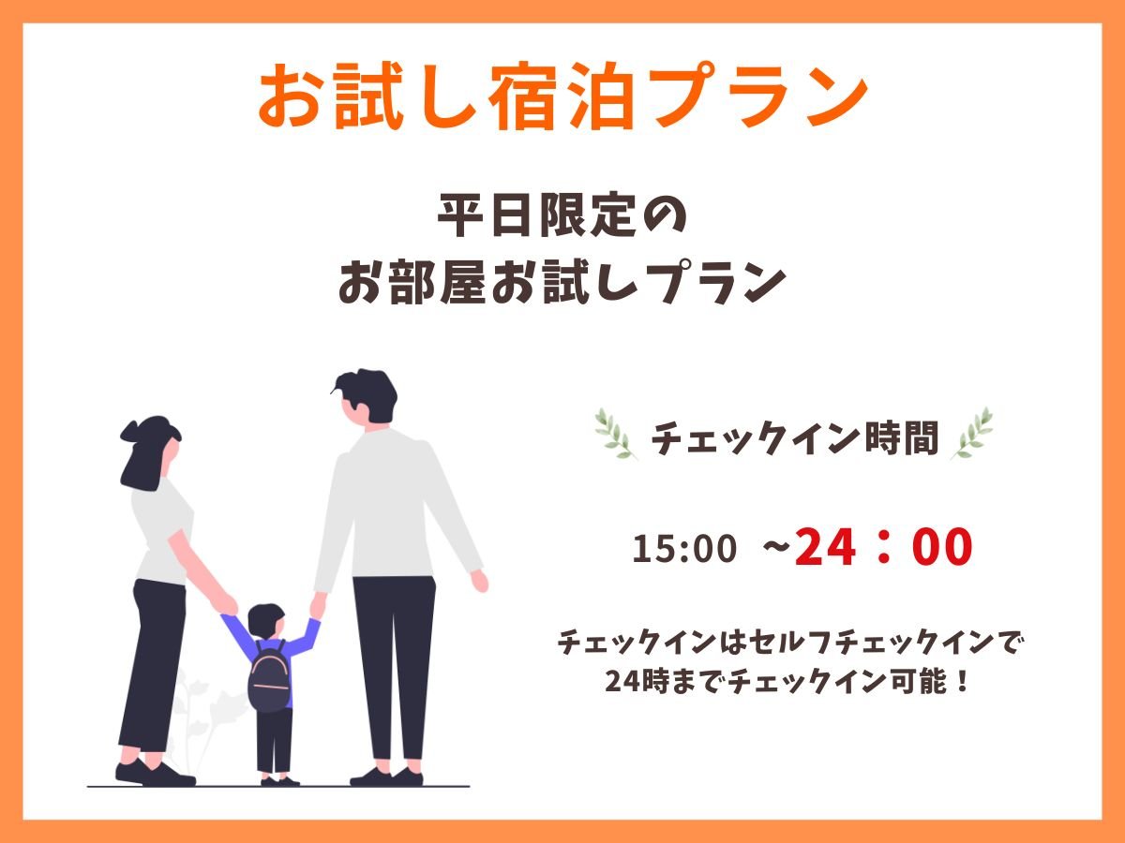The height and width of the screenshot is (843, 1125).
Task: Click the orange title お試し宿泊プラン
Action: click(562, 96)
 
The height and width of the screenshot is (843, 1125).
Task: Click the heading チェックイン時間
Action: click(794, 438)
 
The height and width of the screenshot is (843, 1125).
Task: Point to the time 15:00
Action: click(684, 548)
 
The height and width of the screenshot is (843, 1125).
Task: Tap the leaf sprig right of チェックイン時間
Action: click(972, 434)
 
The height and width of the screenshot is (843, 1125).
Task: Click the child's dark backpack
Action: click(268, 676)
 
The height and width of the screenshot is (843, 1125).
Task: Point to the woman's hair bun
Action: click(130, 431)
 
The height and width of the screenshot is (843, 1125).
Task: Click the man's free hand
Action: click(480, 582)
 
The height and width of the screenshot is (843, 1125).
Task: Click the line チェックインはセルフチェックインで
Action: click(787, 643)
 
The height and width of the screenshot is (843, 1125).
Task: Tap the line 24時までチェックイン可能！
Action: click(787, 681)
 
